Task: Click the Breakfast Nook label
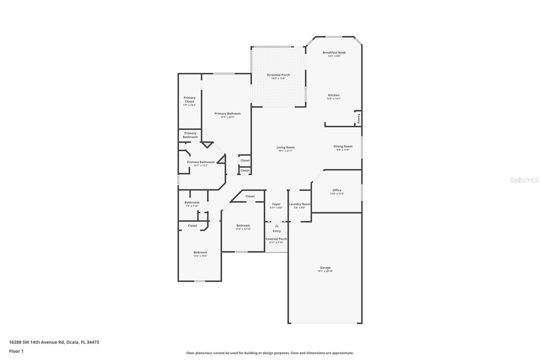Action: pyautogui.click(x=334, y=53)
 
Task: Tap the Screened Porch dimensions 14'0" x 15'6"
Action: pyautogui.click(x=278, y=78)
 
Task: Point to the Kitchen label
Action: pyautogui.click(x=333, y=95)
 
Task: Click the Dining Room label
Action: pyautogui.click(x=343, y=147)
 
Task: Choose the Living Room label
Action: pyautogui.click(x=285, y=148)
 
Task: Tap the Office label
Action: pyautogui.click(x=336, y=190)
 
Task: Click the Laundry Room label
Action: pyautogui.click(x=299, y=204)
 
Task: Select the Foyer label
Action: pyautogui.click(x=276, y=204)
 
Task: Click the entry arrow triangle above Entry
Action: pyautogui.click(x=276, y=226)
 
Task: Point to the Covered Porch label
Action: pyautogui.click(x=276, y=239)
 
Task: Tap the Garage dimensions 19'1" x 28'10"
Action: pyautogui.click(x=325, y=271)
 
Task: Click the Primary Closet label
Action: pyautogui.click(x=189, y=100)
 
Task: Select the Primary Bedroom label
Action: pyautogui.click(x=227, y=114)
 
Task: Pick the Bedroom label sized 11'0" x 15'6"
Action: pyautogui.click(x=200, y=253)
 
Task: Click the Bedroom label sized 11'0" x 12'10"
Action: pyautogui.click(x=243, y=226)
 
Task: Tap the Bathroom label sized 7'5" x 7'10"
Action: pyautogui.click(x=192, y=203)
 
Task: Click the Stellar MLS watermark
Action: pyautogui.click(x=524, y=180)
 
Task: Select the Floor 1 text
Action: pyautogui.click(x=16, y=351)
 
